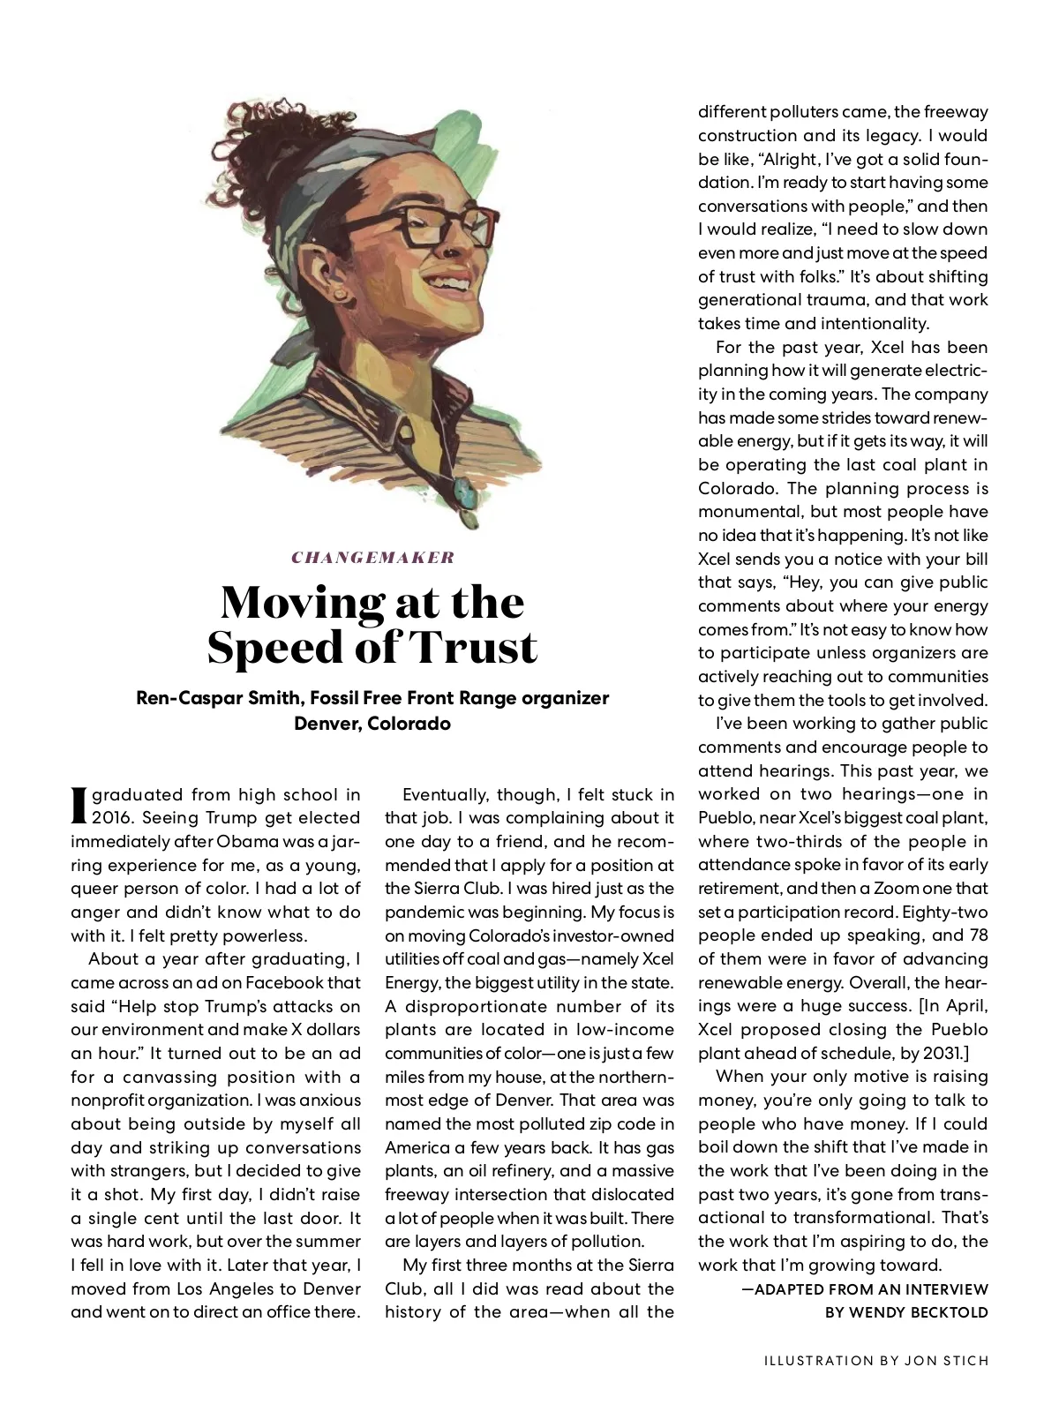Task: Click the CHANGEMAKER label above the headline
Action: coord(372,557)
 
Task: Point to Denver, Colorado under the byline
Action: coord(372,724)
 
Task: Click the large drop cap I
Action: coord(79,804)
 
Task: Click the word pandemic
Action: coord(423,913)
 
